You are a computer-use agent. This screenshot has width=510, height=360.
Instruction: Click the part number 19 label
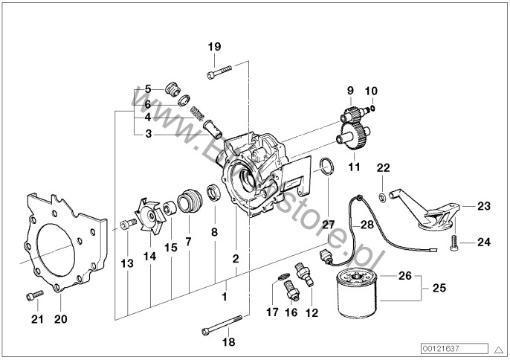coord(214,48)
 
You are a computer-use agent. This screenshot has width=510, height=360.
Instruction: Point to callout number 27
coord(328,224)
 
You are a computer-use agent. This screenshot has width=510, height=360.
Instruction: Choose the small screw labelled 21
coord(31,297)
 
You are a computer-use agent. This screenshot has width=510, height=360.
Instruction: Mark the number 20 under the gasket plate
coord(60,320)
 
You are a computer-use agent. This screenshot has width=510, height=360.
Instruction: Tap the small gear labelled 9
coord(352,118)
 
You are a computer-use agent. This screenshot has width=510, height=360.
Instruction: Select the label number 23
coord(484,207)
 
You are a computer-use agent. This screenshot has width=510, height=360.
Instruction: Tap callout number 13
coord(127,263)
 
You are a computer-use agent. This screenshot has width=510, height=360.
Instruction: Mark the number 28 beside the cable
coord(367,224)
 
